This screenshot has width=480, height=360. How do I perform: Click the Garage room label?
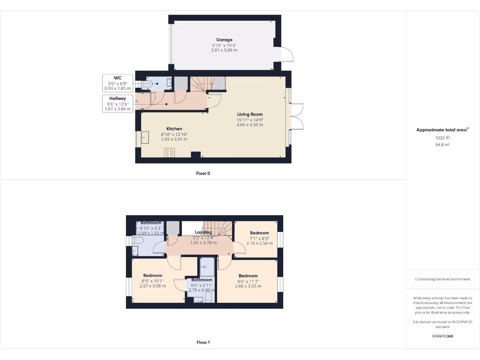(224, 40)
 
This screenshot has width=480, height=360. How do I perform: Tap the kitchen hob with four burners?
(170, 152)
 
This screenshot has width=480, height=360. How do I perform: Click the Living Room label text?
(249, 114)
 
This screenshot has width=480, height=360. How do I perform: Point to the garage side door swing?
(286, 54)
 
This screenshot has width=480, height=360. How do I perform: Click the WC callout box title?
(118, 77)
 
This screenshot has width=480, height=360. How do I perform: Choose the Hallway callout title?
(118, 98)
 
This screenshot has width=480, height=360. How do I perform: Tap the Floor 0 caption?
(203, 173)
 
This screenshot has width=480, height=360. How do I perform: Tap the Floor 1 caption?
(203, 343)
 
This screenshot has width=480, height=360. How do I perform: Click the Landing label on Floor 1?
(203, 232)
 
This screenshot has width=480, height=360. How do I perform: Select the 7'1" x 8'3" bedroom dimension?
(259, 238)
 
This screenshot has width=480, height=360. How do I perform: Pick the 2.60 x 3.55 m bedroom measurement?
(248, 286)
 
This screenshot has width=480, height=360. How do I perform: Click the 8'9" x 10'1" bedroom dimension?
(152, 281)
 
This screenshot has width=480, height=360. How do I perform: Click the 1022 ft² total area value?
(442, 138)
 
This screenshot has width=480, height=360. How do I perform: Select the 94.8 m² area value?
(442, 145)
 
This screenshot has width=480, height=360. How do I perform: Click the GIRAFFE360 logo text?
(442, 336)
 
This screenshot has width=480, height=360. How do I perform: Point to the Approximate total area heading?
(442, 130)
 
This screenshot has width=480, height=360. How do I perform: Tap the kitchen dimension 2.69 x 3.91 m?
(174, 139)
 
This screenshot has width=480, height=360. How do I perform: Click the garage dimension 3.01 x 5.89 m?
(224, 50)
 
